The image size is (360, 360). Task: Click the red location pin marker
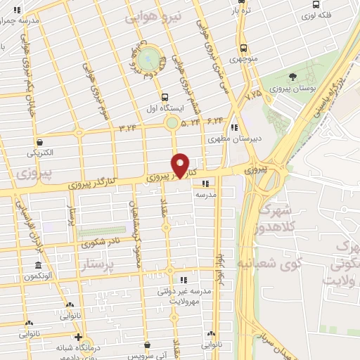[x=181, y=165]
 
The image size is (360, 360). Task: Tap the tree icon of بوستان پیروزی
[x=292, y=77]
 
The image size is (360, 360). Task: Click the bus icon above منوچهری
[x=243, y=49]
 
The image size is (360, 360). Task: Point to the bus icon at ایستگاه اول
[x=164, y=98]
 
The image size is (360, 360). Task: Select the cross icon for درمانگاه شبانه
[x=78, y=336]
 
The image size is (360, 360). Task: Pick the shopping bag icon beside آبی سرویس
[x=147, y=345]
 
